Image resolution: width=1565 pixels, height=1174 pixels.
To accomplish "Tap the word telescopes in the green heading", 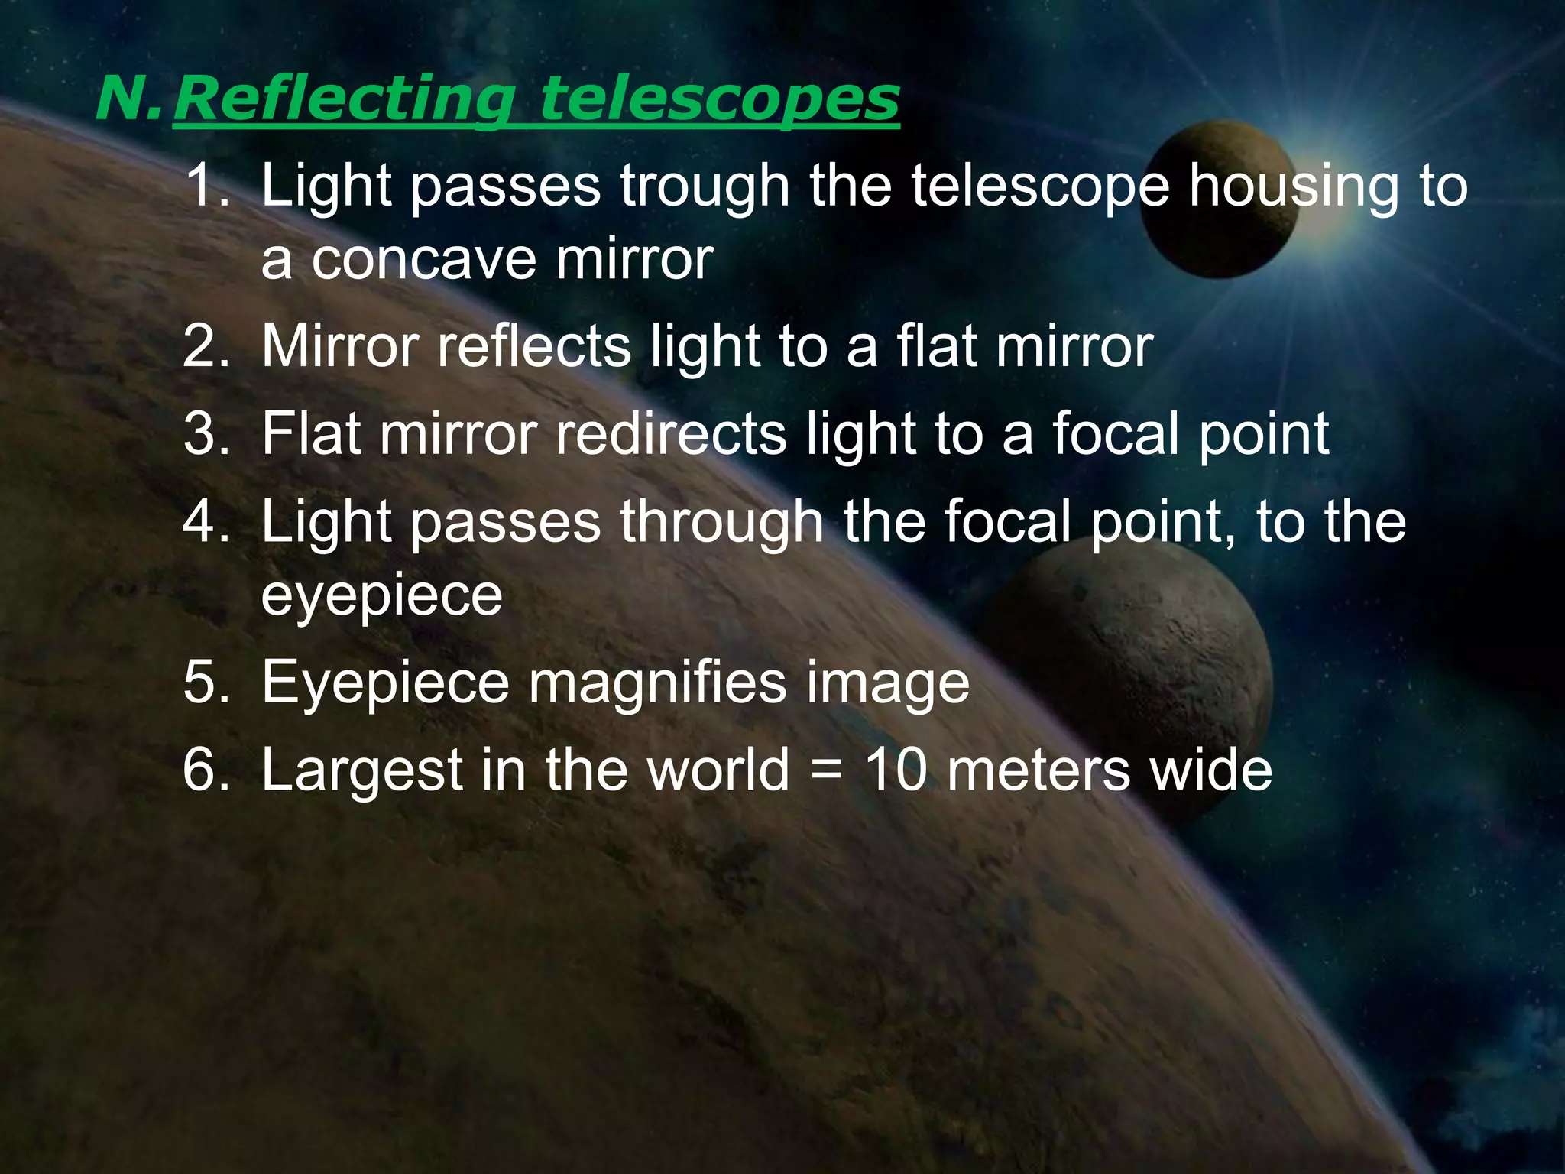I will (720, 99).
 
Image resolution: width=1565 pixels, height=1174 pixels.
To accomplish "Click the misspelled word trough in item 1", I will (705, 186).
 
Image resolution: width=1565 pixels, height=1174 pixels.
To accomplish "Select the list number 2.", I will (205, 347).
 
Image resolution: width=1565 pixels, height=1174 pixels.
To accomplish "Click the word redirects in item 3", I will (671, 434).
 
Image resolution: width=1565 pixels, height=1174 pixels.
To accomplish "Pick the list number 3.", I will (205, 434).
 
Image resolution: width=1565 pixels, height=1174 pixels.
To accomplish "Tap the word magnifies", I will (657, 683).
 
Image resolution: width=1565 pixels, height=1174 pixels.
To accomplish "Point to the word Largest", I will (362, 770).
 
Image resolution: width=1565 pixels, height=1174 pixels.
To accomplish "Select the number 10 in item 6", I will (896, 770).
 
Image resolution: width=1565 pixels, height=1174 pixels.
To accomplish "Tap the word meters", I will (1038, 770).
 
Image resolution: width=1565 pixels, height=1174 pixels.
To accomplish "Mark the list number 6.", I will (205, 770).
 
